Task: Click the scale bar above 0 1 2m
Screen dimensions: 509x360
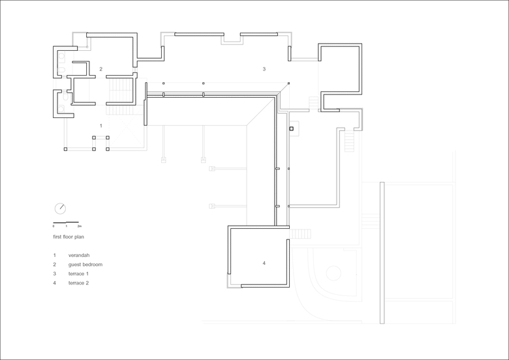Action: coord(66,222)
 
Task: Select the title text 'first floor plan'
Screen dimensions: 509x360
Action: coord(69,237)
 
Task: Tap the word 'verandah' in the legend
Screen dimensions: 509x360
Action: coord(79,255)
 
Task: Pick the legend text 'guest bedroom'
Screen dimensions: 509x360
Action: coord(85,265)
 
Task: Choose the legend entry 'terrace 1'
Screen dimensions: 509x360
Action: coord(78,274)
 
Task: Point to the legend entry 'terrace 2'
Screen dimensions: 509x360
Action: coord(78,283)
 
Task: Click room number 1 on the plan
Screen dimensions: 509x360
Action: coord(101,126)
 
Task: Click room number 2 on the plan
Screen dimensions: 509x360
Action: coord(101,69)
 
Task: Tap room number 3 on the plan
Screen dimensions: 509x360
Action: coord(264,69)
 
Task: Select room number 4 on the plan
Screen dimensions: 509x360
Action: coord(264,263)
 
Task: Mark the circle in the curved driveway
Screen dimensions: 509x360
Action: coord(333,273)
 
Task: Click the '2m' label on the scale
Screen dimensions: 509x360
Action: coord(80,226)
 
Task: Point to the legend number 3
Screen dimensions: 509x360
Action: coord(55,274)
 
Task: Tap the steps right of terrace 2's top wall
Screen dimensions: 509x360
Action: coord(300,234)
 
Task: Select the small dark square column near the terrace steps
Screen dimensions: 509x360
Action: coord(291,128)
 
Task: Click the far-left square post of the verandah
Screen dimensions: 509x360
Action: coord(65,149)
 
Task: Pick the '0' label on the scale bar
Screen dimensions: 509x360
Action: coord(54,226)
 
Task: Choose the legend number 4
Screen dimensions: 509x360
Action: coord(55,283)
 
